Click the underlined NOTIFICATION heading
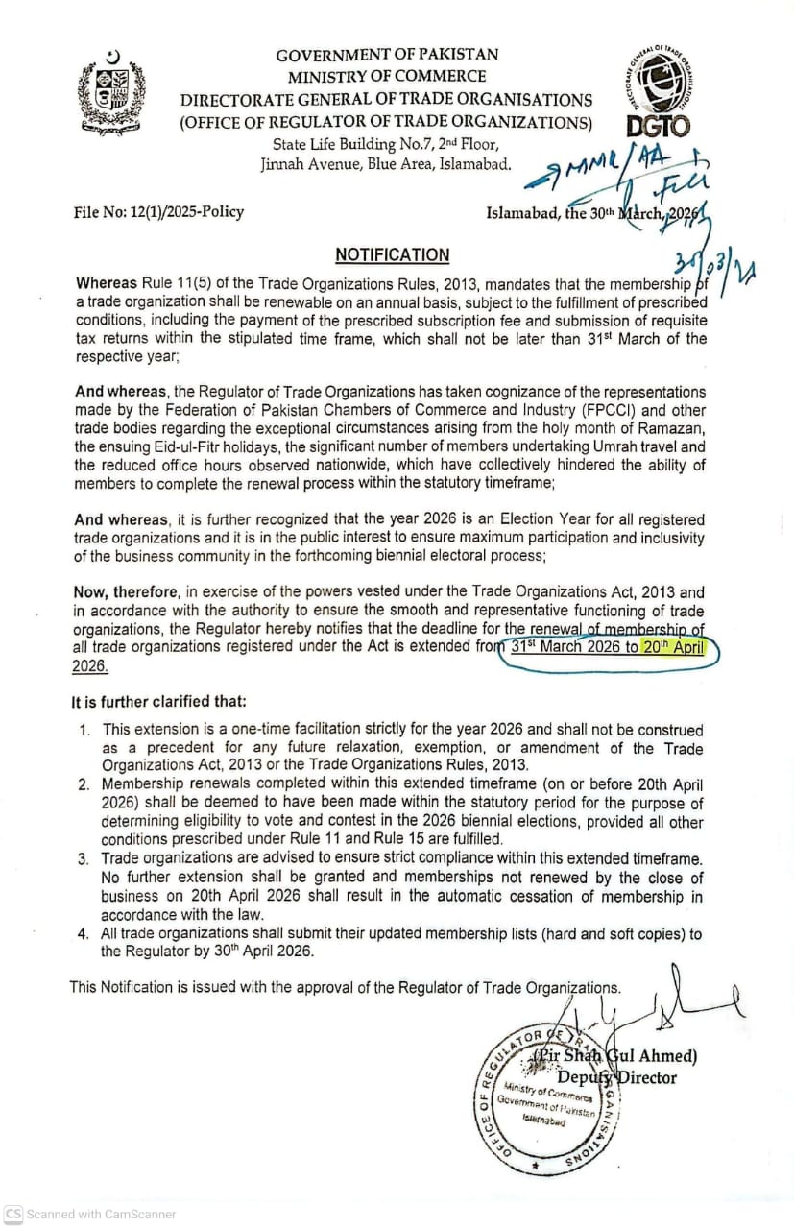(392, 254)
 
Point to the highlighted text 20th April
(673, 647)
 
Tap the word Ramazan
(667, 428)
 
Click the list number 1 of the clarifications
(85, 731)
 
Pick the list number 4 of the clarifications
(84, 933)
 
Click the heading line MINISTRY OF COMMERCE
(386, 77)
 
